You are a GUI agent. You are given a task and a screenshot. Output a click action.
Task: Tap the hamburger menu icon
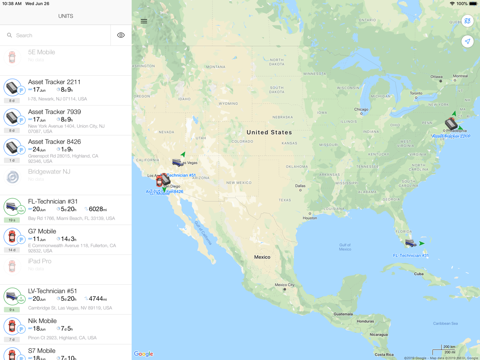click(144, 21)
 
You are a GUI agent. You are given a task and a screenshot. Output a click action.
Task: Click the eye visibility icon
click(121, 35)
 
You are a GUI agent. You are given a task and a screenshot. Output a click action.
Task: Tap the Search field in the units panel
click(59, 35)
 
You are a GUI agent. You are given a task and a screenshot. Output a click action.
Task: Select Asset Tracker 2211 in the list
click(54, 82)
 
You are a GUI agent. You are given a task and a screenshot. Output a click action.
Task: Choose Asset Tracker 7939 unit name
click(54, 112)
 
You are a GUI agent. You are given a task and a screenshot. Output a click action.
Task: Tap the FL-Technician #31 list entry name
click(53, 202)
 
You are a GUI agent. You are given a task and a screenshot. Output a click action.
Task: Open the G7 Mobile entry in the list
click(42, 232)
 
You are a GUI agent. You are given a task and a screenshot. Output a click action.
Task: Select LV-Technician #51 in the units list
click(52, 291)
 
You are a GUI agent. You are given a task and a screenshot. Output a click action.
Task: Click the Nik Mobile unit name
click(42, 321)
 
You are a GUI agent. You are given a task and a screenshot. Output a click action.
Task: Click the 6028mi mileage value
click(97, 209)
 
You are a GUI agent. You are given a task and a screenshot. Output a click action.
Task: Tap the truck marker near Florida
click(410, 243)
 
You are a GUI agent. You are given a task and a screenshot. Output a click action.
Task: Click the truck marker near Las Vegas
click(177, 162)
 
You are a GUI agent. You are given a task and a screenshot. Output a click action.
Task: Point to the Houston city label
click(310, 218)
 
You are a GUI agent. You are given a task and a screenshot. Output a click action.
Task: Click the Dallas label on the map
click(300, 186)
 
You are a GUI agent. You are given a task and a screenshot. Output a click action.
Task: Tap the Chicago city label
click(361, 109)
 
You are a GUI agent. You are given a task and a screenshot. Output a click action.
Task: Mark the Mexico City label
click(284, 285)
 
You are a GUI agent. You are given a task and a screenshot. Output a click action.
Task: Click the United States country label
click(269, 132)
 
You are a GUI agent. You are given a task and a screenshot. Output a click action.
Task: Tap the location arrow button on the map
click(467, 41)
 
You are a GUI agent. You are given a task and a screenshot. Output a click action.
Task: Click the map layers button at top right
click(467, 21)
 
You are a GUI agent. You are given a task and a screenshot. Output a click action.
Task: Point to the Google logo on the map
click(143, 354)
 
